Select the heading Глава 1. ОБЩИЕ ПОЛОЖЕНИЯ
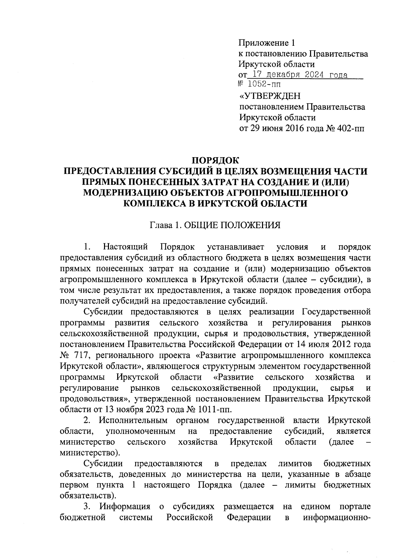(215, 225)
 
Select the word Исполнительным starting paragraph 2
(133, 420)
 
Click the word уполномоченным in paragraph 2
(141, 431)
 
